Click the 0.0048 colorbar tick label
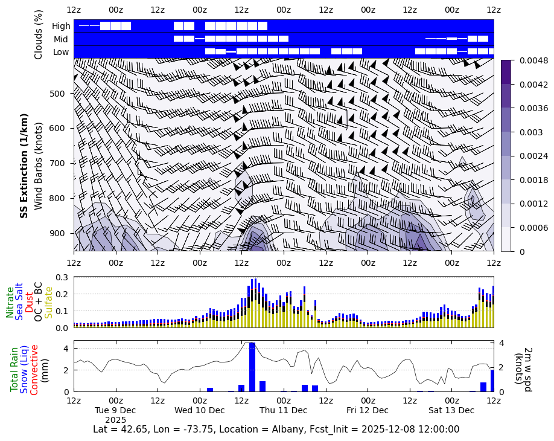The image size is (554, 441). pyautogui.click(x=529, y=60)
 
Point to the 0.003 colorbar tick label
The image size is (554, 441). pyautogui.click(x=525, y=132)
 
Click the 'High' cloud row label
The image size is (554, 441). pyautogui.click(x=61, y=26)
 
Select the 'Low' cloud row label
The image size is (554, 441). pyautogui.click(x=61, y=52)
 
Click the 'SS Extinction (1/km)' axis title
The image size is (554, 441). pyautogui.click(x=25, y=166)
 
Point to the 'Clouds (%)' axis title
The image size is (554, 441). pyautogui.click(x=39, y=34)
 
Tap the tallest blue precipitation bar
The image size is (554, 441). pyautogui.click(x=252, y=367)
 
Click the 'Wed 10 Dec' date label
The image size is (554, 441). pyautogui.click(x=199, y=410)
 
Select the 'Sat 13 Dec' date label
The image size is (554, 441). pyautogui.click(x=451, y=410)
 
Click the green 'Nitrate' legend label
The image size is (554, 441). pyautogui.click(x=10, y=302)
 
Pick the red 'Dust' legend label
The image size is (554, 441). pyautogui.click(x=30, y=302)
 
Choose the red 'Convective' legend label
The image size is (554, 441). pyautogui.click(x=34, y=370)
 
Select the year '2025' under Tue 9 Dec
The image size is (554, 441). pyautogui.click(x=115, y=419)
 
